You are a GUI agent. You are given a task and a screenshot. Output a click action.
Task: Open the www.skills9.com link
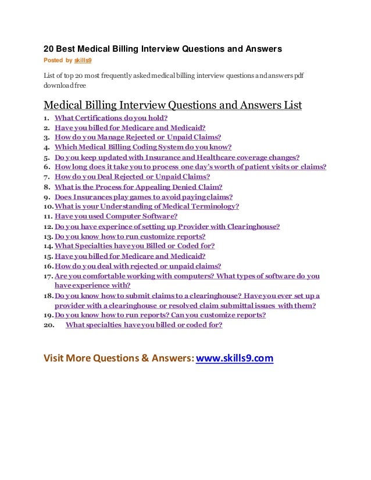[x=234, y=359]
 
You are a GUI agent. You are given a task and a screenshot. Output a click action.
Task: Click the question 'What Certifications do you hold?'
[x=111, y=118]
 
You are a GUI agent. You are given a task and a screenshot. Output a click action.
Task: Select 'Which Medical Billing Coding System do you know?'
[x=142, y=147]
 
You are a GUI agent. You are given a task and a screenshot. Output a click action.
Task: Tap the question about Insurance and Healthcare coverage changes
[x=177, y=157]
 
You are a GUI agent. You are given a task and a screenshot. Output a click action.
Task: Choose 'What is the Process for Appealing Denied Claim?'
[x=138, y=187]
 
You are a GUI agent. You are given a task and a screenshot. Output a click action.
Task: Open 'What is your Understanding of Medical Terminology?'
[x=147, y=206]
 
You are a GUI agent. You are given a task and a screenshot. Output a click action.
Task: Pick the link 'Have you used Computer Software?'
[x=116, y=216]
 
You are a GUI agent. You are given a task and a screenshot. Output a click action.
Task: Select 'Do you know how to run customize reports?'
[x=130, y=237]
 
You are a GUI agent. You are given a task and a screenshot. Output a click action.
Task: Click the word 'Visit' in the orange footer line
[x=55, y=359]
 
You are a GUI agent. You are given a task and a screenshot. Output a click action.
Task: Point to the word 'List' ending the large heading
[x=291, y=105]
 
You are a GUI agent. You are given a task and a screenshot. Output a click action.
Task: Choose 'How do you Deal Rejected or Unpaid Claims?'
[x=132, y=177]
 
